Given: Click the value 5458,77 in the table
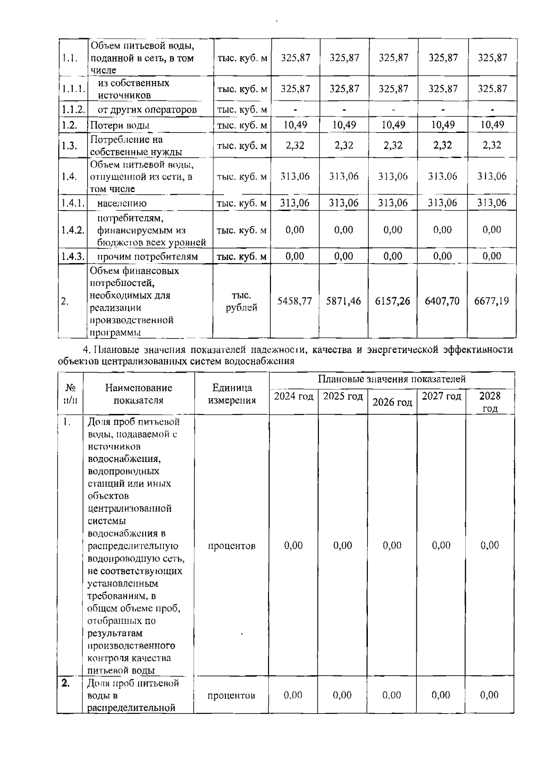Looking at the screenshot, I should tap(295, 301).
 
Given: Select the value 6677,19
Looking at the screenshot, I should tap(491, 301).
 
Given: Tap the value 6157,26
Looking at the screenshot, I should tap(393, 301).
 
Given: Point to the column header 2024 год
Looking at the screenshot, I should tap(294, 396).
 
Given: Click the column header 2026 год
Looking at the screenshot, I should tap(392, 402).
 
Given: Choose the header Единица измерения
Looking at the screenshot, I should tap(232, 394).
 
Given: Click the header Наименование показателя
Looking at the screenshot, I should tap(139, 394).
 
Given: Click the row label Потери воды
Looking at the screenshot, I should tap(120, 126).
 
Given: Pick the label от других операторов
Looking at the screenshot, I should tap(147, 110).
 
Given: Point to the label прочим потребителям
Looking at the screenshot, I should tap(147, 257).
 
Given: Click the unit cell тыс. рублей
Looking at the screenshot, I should tap(241, 301).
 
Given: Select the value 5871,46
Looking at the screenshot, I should tap(344, 301).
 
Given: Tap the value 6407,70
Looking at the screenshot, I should tap(442, 301).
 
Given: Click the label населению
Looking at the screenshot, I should tap(122, 203).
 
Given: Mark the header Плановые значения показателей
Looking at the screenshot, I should tap(391, 379).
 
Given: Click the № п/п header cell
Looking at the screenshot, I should tap(70, 394).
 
